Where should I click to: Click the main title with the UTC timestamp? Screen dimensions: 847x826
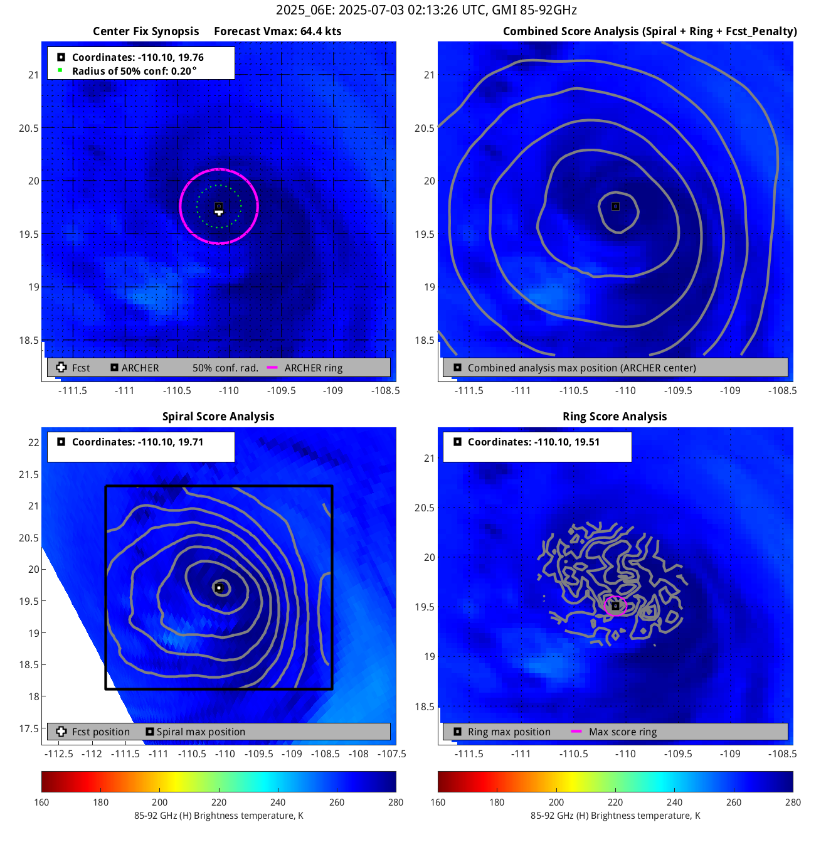pos(426,10)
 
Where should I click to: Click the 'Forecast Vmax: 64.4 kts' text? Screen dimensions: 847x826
pos(277,31)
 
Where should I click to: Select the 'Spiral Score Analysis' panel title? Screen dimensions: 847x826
pos(218,417)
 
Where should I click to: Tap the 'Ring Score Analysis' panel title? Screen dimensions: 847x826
pos(615,417)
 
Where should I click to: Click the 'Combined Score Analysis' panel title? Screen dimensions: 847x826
pos(650,31)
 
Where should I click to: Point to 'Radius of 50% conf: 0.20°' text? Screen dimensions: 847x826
pos(134,71)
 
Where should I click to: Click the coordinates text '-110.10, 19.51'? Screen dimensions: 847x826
pos(534,442)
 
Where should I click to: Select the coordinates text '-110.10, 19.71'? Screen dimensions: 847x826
pos(138,442)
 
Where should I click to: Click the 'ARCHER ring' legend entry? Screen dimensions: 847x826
pos(313,368)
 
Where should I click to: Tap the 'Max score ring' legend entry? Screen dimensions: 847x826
pos(622,732)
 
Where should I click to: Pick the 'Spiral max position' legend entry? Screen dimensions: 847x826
pos(201,732)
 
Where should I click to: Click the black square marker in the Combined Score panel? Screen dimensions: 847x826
pos(615,206)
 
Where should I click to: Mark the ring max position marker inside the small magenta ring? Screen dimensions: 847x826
pos(615,606)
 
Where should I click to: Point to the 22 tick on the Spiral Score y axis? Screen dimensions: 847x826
pos(33,442)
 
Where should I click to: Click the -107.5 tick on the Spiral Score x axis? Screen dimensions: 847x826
pos(392,754)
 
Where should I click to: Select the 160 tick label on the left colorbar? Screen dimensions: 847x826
pos(42,802)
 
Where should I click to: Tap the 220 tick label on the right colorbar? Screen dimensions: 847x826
pos(615,802)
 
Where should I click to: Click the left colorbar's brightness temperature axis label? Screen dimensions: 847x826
pos(218,816)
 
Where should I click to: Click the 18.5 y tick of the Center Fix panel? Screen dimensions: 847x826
pos(28,340)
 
